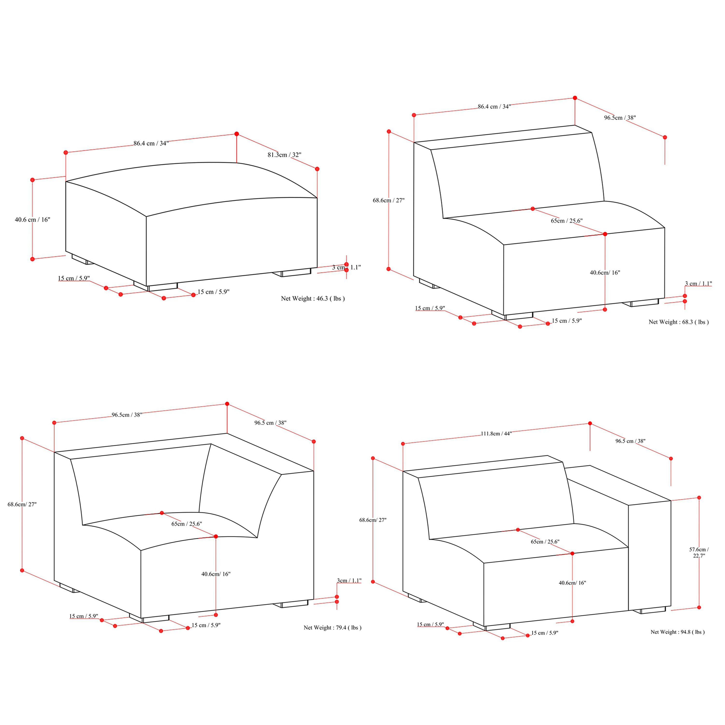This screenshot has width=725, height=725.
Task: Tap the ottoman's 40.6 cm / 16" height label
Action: click(x=32, y=219)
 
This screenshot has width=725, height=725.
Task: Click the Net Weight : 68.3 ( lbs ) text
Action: click(x=678, y=322)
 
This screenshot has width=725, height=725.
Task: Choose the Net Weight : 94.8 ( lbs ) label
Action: click(x=677, y=632)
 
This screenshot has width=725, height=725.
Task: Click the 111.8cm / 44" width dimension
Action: click(x=496, y=433)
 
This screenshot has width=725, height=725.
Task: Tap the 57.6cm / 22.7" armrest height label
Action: click(x=699, y=552)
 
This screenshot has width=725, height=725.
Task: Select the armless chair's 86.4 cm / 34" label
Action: click(x=494, y=107)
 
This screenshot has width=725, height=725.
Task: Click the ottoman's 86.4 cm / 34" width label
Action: click(x=151, y=143)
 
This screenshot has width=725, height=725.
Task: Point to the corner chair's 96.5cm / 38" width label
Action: click(x=127, y=415)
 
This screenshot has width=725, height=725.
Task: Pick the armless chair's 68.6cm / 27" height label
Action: click(x=388, y=200)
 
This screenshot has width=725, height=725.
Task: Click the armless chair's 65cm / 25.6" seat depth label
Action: click(x=567, y=221)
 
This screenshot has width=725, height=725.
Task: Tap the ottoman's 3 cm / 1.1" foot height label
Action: click(x=346, y=267)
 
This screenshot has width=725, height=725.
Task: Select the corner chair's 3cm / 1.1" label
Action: click(x=349, y=580)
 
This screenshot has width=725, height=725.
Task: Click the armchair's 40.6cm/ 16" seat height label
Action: click(x=572, y=583)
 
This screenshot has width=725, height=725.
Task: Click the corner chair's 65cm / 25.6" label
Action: click(x=187, y=524)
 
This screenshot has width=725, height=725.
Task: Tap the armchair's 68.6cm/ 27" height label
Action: click(x=373, y=520)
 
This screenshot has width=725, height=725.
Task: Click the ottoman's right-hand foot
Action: click(x=292, y=272)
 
